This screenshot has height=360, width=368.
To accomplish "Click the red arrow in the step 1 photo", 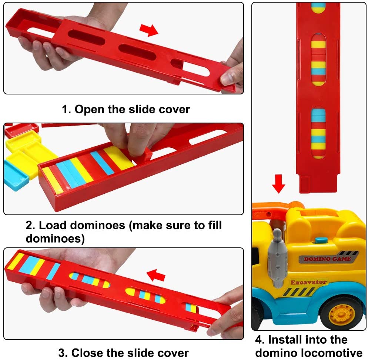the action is [x=148, y=30].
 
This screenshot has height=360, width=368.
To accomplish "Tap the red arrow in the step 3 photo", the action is [x=155, y=275].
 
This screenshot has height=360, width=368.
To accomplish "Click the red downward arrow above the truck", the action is [x=278, y=184].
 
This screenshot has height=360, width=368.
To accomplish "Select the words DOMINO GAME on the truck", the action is [x=328, y=259].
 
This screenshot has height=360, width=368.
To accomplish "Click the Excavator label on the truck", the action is [x=309, y=282].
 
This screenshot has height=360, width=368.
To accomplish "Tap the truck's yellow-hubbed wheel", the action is [x=342, y=313].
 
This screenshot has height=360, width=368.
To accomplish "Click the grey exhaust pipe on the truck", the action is [x=277, y=259].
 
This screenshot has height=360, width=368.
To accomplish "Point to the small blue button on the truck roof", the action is [x=321, y=240].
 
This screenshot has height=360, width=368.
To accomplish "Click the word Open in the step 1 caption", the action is [x=90, y=109].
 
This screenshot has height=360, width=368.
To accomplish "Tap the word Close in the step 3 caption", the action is [x=87, y=353].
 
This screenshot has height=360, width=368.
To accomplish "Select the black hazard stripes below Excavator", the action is [x=299, y=292].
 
